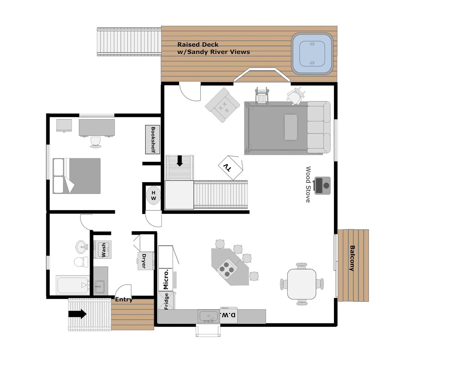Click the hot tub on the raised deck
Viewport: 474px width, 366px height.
pos(312,53)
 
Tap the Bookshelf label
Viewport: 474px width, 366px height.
pos(153,140)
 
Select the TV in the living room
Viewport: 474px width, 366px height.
pos(230,167)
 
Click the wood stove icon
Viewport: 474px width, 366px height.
pos(322,185)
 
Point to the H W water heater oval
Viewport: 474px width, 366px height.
pos(154,195)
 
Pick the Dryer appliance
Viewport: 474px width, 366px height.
pos(146,261)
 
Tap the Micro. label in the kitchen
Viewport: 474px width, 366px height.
pos(166,279)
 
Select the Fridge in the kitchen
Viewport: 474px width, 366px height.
pos(166,300)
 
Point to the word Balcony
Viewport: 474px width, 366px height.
pos(352,258)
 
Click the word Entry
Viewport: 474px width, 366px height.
pos(124,299)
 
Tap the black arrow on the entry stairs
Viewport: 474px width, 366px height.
pos(77,314)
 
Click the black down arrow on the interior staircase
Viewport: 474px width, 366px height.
pos(180,161)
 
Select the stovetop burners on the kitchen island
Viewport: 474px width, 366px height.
pos(226,269)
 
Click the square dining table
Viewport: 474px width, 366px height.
pos(302,284)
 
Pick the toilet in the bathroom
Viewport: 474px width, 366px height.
pos(81,262)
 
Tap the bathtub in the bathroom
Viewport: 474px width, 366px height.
pos(73,285)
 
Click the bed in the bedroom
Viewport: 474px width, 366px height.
pos(77,176)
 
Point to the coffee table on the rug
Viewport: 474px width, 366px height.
pos(291,127)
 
